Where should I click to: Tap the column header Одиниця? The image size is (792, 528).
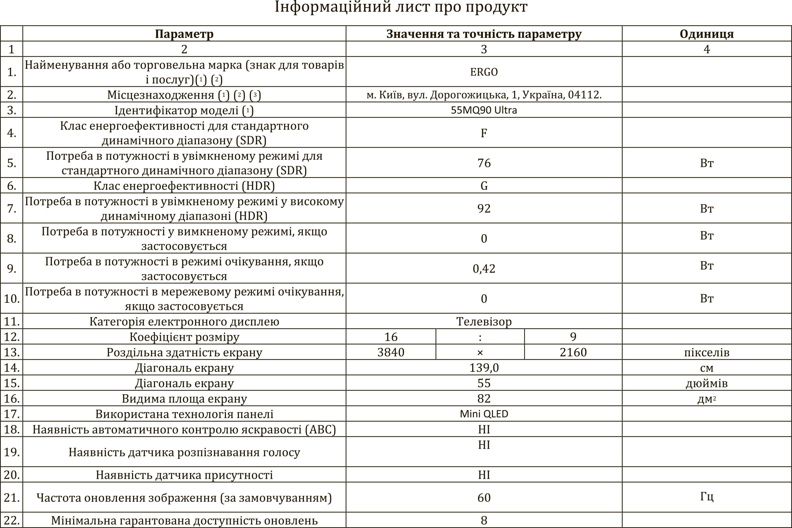(707, 34)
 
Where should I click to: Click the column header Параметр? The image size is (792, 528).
(184, 34)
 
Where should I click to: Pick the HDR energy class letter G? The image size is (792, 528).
(484, 186)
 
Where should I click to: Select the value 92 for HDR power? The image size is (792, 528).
(484, 208)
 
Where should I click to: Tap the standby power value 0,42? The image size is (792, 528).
(484, 269)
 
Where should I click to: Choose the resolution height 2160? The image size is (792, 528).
(573, 352)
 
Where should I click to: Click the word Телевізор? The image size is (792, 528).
(484, 322)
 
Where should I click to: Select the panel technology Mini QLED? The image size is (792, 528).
(484, 414)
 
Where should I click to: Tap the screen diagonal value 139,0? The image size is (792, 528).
(484, 368)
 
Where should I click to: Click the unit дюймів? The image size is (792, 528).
(707, 383)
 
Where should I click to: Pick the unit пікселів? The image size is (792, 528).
(707, 353)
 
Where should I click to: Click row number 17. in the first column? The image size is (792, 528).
(11, 414)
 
